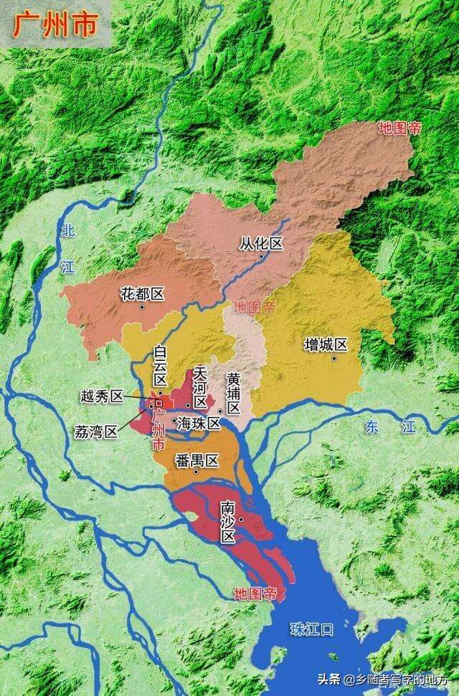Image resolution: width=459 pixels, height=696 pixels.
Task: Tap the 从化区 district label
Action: (x=261, y=244)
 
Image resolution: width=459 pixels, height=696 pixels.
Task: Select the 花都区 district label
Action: (x=143, y=294)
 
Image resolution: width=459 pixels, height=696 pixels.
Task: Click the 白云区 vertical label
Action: (x=160, y=367)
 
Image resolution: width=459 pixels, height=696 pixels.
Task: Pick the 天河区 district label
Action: (x=200, y=387)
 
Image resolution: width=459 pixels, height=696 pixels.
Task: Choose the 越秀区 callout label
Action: (x=102, y=396)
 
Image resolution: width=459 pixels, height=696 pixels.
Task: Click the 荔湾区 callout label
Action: (x=95, y=432)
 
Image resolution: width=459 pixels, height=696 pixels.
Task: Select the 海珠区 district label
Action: (x=199, y=423)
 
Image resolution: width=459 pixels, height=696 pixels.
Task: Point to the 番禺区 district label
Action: (x=197, y=461)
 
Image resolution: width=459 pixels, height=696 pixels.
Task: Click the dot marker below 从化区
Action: (x=261, y=257)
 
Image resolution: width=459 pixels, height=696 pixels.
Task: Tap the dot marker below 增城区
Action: (x=333, y=358)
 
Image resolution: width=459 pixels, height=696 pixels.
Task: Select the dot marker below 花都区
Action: (x=143, y=307)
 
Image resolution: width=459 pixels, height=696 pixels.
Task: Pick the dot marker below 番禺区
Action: (x=196, y=473)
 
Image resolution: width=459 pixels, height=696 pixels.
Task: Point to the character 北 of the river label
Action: (x=68, y=231)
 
